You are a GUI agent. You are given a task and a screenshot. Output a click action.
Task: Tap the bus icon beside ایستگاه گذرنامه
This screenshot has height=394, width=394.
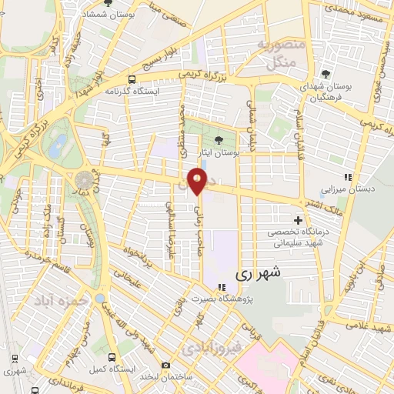pos(133,78)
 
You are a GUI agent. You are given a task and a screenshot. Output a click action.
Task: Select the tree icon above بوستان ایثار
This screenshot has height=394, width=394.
pos(220,140)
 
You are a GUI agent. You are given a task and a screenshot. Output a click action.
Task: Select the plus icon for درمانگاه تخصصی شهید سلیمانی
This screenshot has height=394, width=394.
pos(298,220)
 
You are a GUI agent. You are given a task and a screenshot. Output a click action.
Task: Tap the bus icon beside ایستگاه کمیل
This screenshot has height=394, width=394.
pos(112,358)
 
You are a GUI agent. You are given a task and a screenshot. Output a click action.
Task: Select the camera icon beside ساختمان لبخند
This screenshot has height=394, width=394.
pos(165,366)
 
